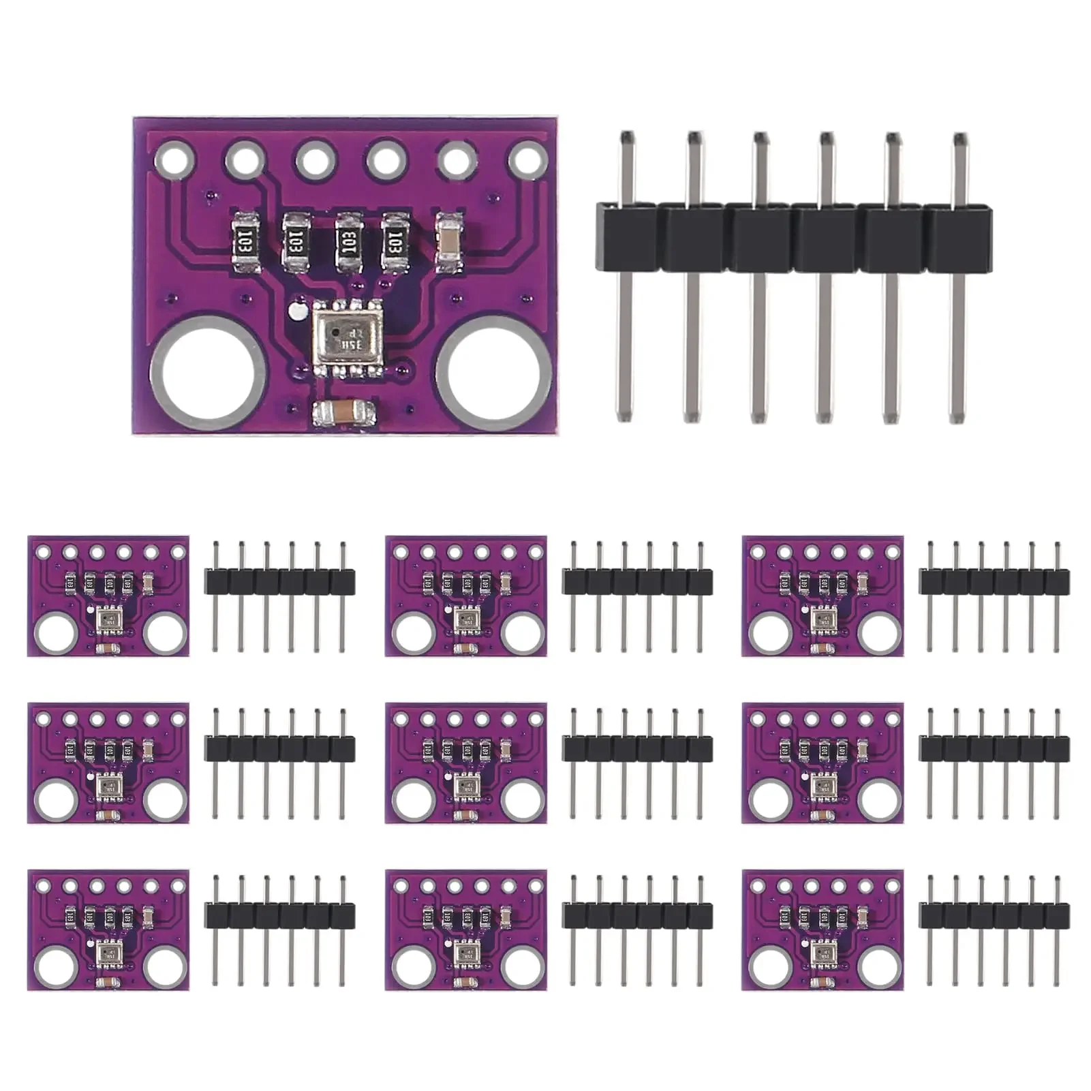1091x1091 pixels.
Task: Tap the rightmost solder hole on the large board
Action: pyautogui.click(x=527, y=161)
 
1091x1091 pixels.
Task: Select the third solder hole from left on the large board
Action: pyautogui.click(x=315, y=161)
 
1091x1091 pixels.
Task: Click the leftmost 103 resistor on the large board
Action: pyautogui.click(x=245, y=241)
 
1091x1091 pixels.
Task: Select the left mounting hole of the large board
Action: pyautogui.click(x=207, y=373)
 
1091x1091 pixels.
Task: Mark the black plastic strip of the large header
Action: pyautogui.click(x=794, y=237)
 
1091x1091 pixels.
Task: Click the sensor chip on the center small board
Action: pyautogui.click(x=466, y=787)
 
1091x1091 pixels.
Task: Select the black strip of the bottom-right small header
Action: pyautogui.click(x=994, y=916)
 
